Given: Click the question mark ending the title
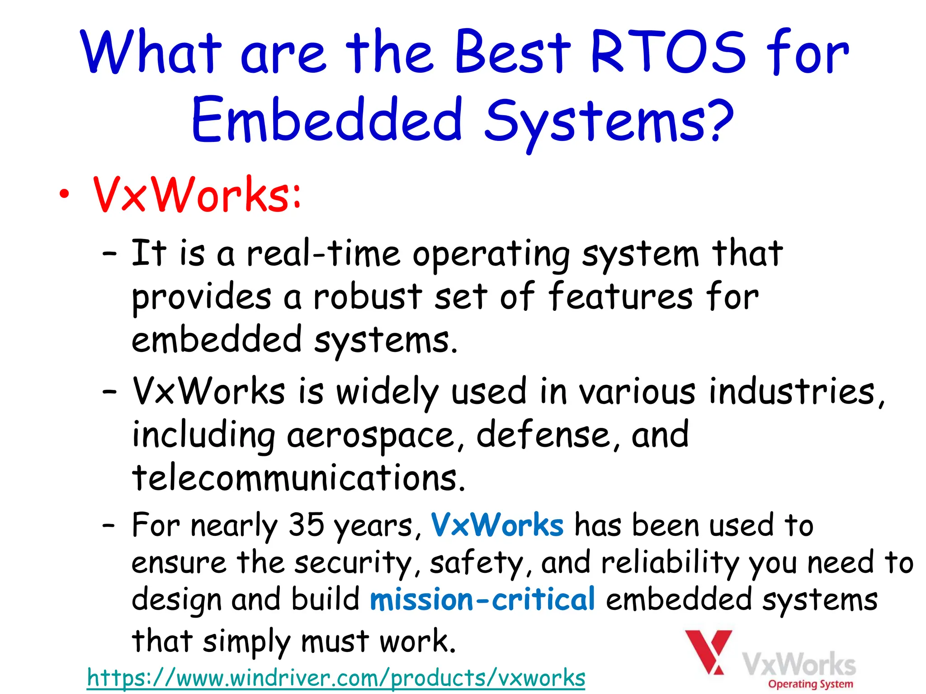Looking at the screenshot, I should (x=719, y=120).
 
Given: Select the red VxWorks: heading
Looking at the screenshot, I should (x=197, y=195).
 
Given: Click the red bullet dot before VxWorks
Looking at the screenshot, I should (x=65, y=195).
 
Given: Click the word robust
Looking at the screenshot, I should (x=368, y=297).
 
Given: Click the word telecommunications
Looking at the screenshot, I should (x=298, y=478).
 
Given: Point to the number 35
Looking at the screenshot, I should (x=306, y=525).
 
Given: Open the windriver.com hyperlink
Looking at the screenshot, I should (x=336, y=678).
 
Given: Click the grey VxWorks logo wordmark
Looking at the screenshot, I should (x=799, y=664).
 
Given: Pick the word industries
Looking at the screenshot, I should (x=792, y=391).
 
